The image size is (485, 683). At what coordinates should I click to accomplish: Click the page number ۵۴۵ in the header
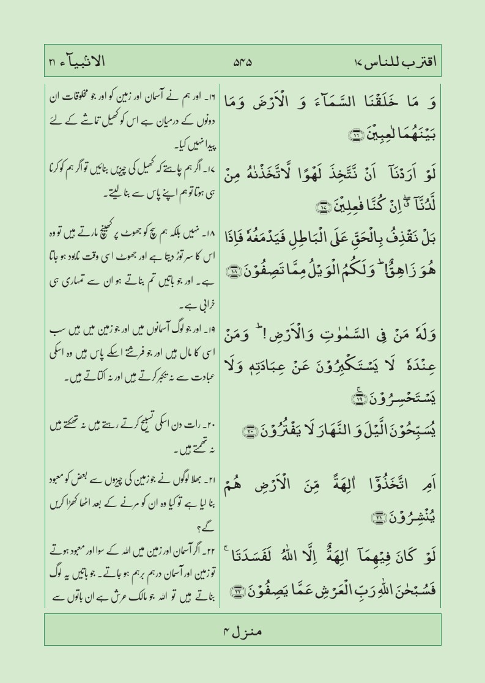(243, 62)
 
